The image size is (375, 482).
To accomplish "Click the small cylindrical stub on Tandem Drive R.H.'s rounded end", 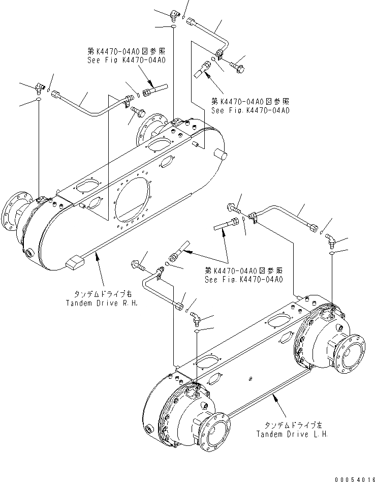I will [220, 155].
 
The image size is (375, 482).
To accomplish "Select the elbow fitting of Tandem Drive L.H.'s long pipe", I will [331, 237].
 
